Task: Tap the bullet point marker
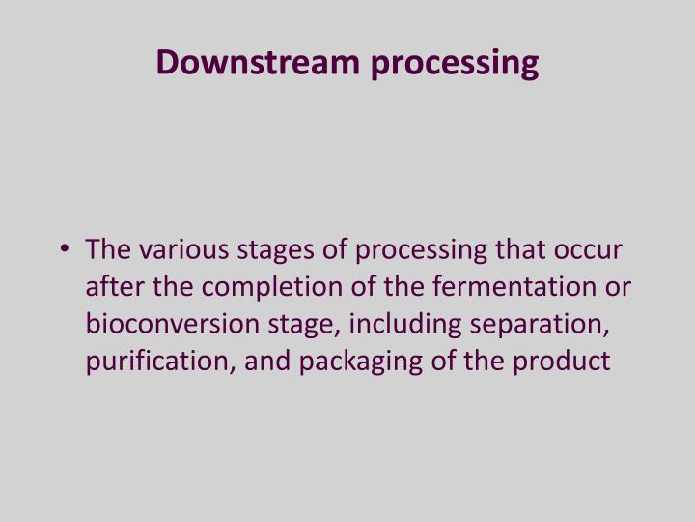(65, 250)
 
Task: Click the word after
(114, 287)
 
